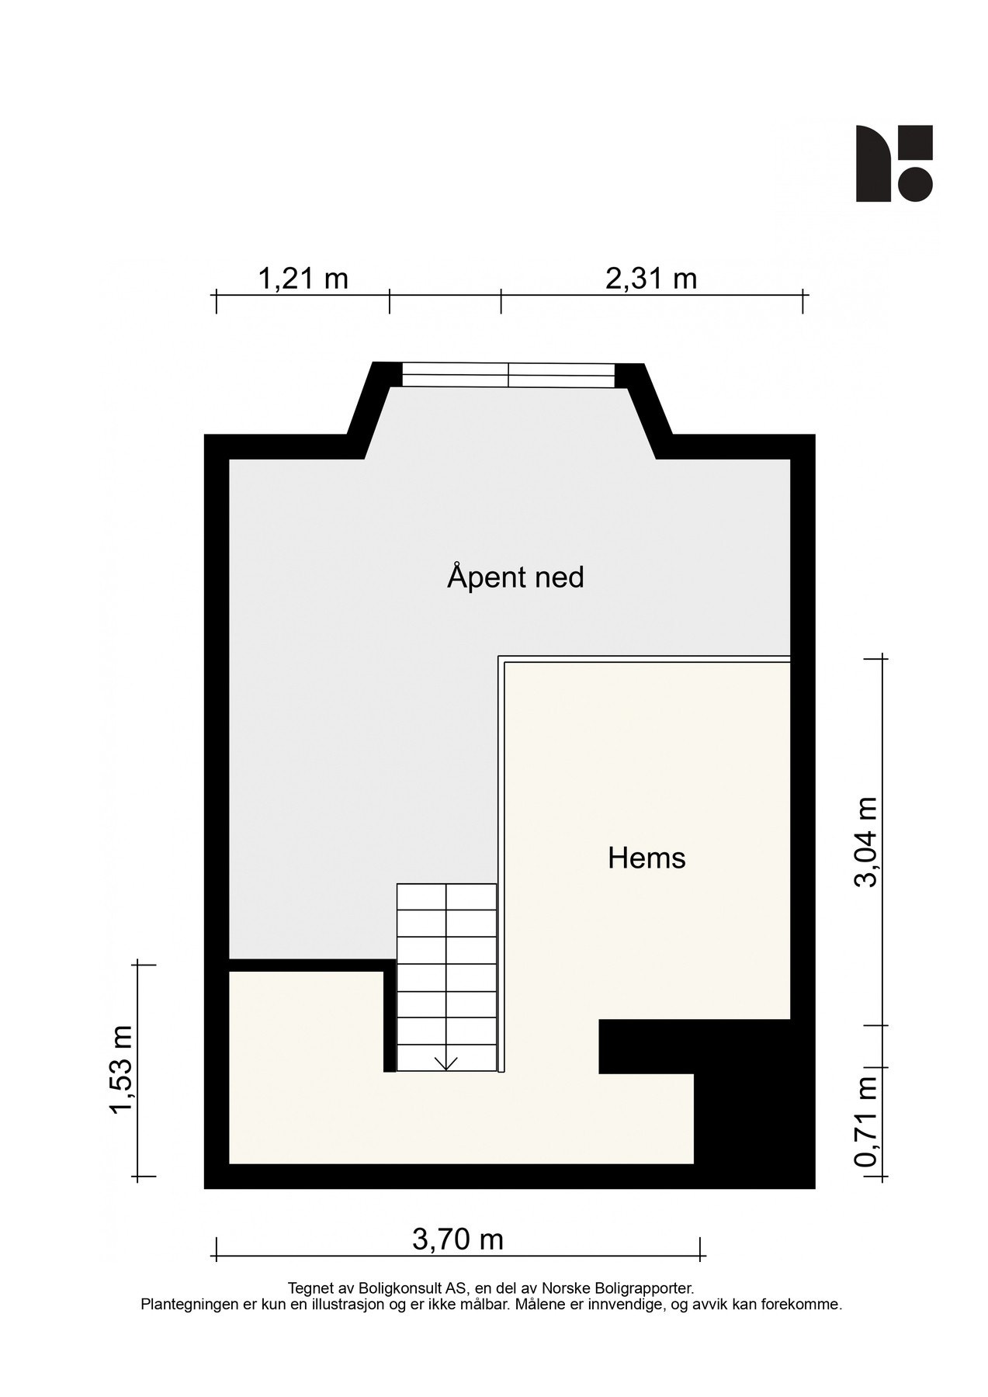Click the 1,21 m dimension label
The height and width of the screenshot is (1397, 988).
[x=302, y=278]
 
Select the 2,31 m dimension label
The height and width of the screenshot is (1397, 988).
[x=650, y=278]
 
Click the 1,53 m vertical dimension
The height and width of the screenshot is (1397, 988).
[x=122, y=1069]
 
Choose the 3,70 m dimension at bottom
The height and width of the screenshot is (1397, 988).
[x=458, y=1239]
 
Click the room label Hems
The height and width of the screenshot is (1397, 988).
[x=647, y=858]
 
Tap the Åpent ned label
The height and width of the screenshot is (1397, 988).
[x=515, y=577]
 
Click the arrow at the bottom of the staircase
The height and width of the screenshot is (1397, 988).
[x=446, y=1063]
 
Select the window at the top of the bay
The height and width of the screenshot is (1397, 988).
[x=508, y=375]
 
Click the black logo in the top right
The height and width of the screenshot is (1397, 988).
[x=893, y=163]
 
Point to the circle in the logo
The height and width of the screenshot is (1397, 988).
[x=916, y=184]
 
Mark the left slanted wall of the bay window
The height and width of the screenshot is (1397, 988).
[x=367, y=411]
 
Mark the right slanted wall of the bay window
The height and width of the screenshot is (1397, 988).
[x=650, y=411]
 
